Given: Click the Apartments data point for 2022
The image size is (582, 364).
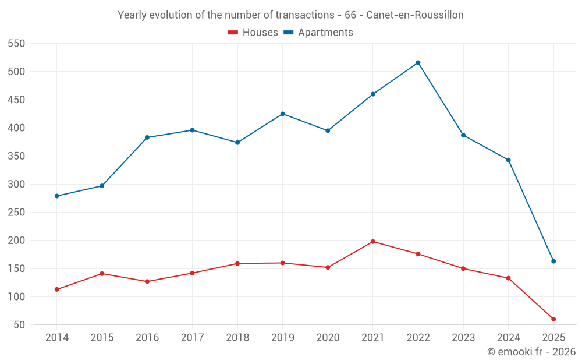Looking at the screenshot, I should coord(418,63).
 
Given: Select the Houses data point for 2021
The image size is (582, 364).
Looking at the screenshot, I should coord(373,242).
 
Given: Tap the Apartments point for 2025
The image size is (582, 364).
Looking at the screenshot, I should coord(553,261).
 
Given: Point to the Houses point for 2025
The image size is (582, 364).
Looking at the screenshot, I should coord(553,319).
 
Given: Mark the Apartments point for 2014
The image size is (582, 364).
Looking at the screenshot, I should coord(56,196).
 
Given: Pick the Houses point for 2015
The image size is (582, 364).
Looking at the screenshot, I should coord(102,274).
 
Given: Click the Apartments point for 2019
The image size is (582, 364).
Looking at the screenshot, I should coord(283,114).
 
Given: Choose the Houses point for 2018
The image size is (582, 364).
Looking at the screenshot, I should coord(237,264).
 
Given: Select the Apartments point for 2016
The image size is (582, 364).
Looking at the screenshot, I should coord(147,137).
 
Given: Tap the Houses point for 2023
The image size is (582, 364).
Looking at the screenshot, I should coord(463,268).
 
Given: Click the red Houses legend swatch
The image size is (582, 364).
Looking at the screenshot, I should coord(233,33).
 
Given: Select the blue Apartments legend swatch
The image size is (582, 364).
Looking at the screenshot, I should coord(288,33).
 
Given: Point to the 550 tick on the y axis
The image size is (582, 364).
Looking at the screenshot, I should coord(17,44).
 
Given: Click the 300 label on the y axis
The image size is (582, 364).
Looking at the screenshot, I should coord(17,185).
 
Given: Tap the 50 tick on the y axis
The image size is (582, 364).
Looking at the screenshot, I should coord(20,325).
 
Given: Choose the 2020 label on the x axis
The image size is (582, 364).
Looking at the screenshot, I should coord(328,338).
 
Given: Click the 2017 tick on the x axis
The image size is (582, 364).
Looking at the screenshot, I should coord(192,338).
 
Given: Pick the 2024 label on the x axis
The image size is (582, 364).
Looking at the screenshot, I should coord(508,338).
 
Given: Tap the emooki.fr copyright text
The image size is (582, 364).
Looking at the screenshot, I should coord(531,352).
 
